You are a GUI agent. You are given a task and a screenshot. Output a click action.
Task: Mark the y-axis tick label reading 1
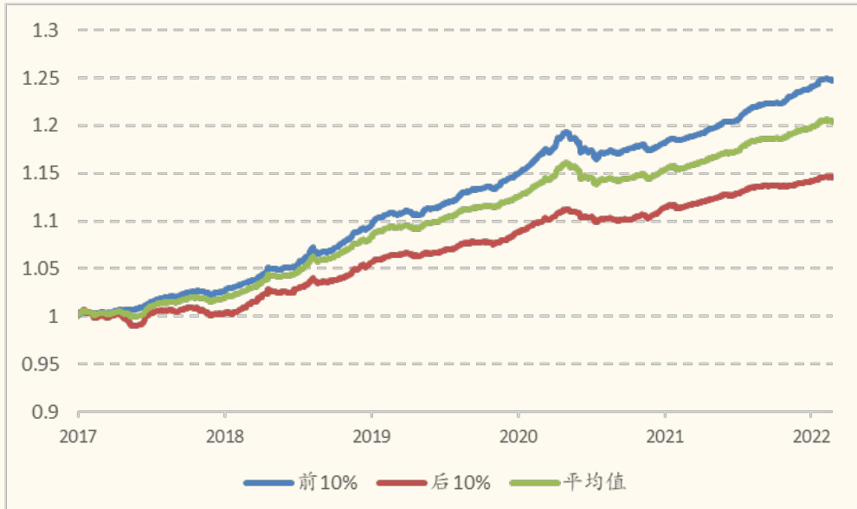pyautogui.click(x=55, y=316)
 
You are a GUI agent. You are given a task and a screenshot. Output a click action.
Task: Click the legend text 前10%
pyautogui.click(x=326, y=482)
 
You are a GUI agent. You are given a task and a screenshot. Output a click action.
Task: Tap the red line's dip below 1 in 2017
pyautogui.click(x=134, y=325)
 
